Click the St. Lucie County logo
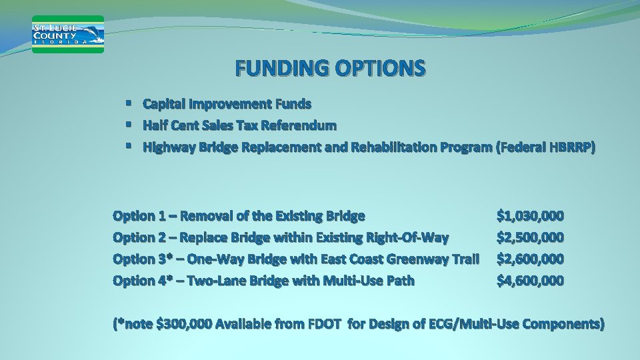(x=68, y=34)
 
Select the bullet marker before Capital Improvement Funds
(x=127, y=103)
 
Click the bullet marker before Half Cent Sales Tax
(x=127, y=125)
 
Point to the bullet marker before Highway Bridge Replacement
(x=127, y=146)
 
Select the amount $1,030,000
(x=531, y=216)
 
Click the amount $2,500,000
(x=531, y=237)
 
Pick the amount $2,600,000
(x=531, y=259)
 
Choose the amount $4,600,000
(x=531, y=281)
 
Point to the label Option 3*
(x=142, y=259)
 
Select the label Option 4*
(x=142, y=281)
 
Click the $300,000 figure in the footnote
(x=183, y=325)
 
